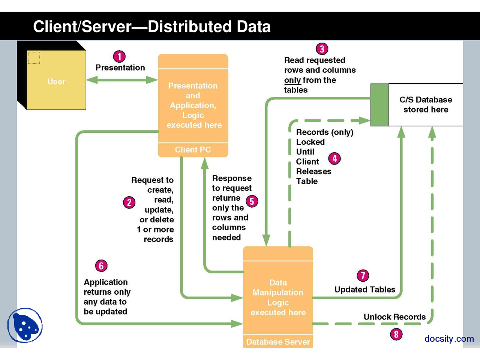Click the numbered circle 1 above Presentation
119,57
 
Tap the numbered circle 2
129,202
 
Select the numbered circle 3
322,49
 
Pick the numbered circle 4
334,159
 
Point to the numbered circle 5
252,201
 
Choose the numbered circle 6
101,266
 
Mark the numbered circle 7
363,276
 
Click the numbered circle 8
396,334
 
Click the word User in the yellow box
56,81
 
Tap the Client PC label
193,150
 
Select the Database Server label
278,342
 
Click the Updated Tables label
365,289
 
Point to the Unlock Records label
394,317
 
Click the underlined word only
292,80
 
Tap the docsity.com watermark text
449,339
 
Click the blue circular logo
25,325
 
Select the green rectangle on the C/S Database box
379,105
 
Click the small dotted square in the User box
34,58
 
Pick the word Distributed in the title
189,27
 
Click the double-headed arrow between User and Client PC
122,80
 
